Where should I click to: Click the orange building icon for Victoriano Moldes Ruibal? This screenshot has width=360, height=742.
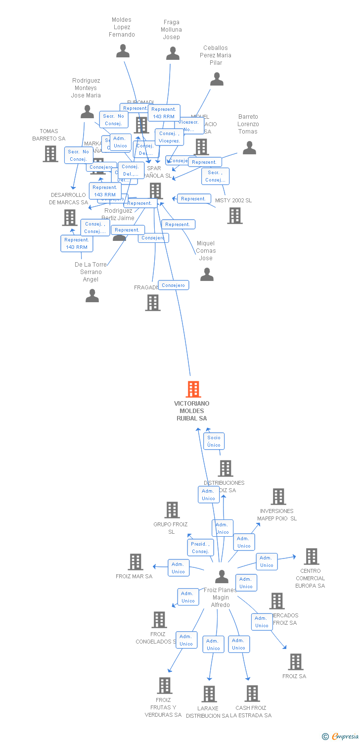(x=193, y=389)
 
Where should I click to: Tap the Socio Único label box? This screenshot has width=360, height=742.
(x=214, y=441)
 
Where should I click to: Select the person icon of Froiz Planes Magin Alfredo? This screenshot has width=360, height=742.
(x=222, y=577)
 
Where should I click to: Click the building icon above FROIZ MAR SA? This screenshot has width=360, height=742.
(x=135, y=562)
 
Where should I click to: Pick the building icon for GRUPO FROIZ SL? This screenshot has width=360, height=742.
(x=172, y=510)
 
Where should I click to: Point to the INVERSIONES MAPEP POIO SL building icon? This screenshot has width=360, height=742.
(x=278, y=497)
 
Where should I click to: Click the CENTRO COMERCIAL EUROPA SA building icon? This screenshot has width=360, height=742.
(x=311, y=556)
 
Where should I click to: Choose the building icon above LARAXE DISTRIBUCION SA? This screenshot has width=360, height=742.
(x=209, y=694)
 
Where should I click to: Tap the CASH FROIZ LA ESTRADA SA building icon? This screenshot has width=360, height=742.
(x=252, y=694)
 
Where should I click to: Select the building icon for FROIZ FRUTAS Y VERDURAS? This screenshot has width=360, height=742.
(x=165, y=686)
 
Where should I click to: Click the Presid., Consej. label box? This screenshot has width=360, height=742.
(x=200, y=548)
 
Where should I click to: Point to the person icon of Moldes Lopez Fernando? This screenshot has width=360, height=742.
(x=123, y=51)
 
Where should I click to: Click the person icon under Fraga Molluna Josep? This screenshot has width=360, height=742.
(x=173, y=53)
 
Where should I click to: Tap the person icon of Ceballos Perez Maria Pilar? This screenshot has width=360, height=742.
(x=217, y=79)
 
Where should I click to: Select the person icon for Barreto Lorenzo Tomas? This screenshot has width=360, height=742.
(x=249, y=147)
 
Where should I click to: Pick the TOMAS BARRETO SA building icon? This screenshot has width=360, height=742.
(x=50, y=154)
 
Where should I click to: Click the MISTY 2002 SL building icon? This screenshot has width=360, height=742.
(x=235, y=215)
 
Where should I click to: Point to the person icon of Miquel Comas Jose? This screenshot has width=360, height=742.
(x=207, y=274)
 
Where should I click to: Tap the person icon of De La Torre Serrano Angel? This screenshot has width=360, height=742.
(x=92, y=296)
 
